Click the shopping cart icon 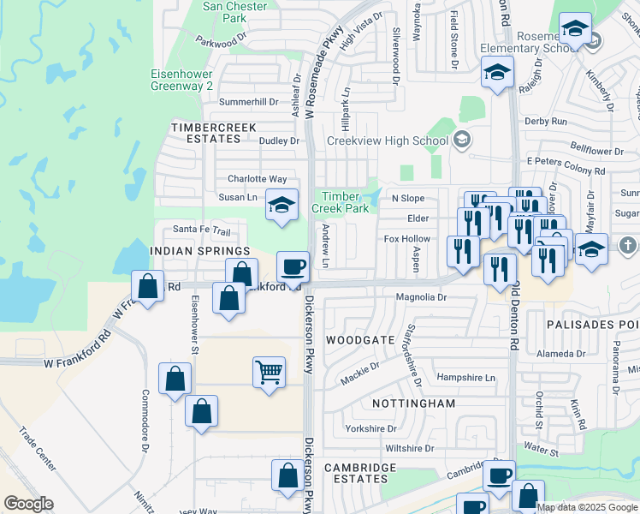(x=269, y=373)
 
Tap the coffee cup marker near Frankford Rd (x=293, y=266)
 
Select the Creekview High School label (x=388, y=140)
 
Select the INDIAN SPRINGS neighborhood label (x=200, y=251)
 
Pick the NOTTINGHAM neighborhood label (x=413, y=403)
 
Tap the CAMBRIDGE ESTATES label (x=360, y=473)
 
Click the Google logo (x=28, y=504)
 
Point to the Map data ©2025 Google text (x=586, y=507)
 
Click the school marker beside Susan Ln (x=281, y=205)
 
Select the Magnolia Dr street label (x=421, y=297)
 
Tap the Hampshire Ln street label (x=465, y=378)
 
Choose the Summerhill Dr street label (x=249, y=101)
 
